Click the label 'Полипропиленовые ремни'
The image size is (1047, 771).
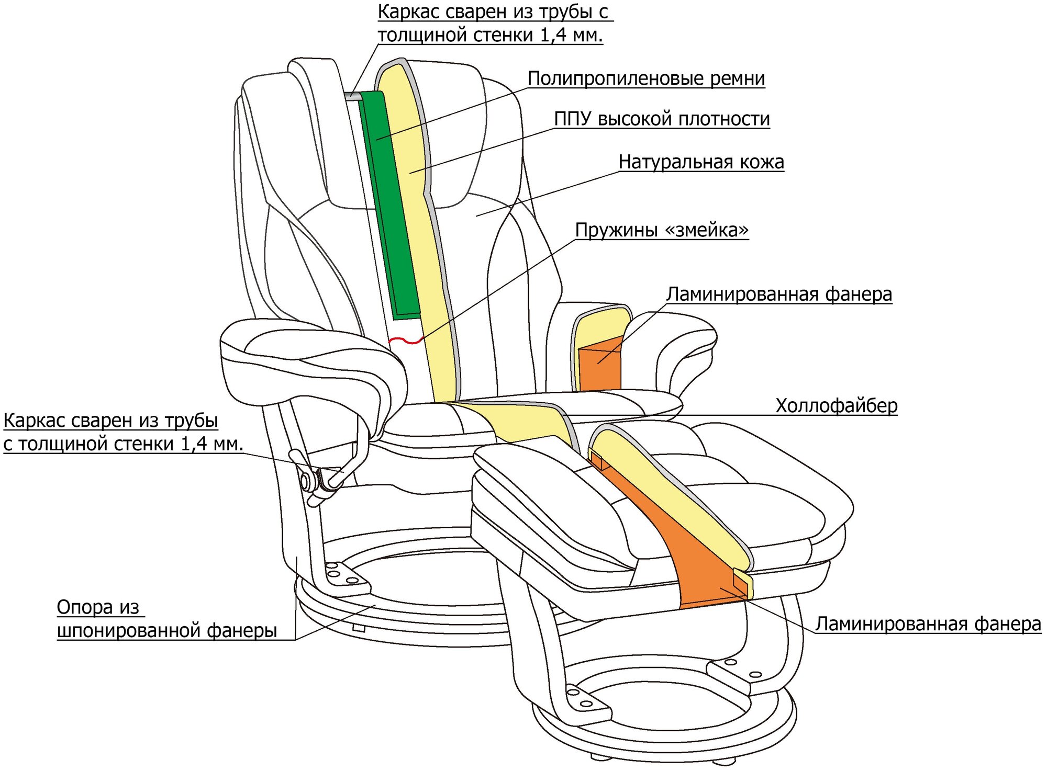point(646,78)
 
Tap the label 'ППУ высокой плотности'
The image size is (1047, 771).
point(662,119)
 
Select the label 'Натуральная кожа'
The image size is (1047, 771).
point(701,162)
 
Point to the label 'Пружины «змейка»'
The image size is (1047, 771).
point(662,230)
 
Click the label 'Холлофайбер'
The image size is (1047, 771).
point(836,406)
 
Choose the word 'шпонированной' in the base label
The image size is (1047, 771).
point(128,630)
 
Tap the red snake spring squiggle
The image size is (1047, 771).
point(406,341)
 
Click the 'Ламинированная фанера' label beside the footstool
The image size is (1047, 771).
point(928,624)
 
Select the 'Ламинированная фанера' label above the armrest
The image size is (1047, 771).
point(779,294)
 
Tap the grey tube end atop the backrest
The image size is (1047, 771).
point(352,97)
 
